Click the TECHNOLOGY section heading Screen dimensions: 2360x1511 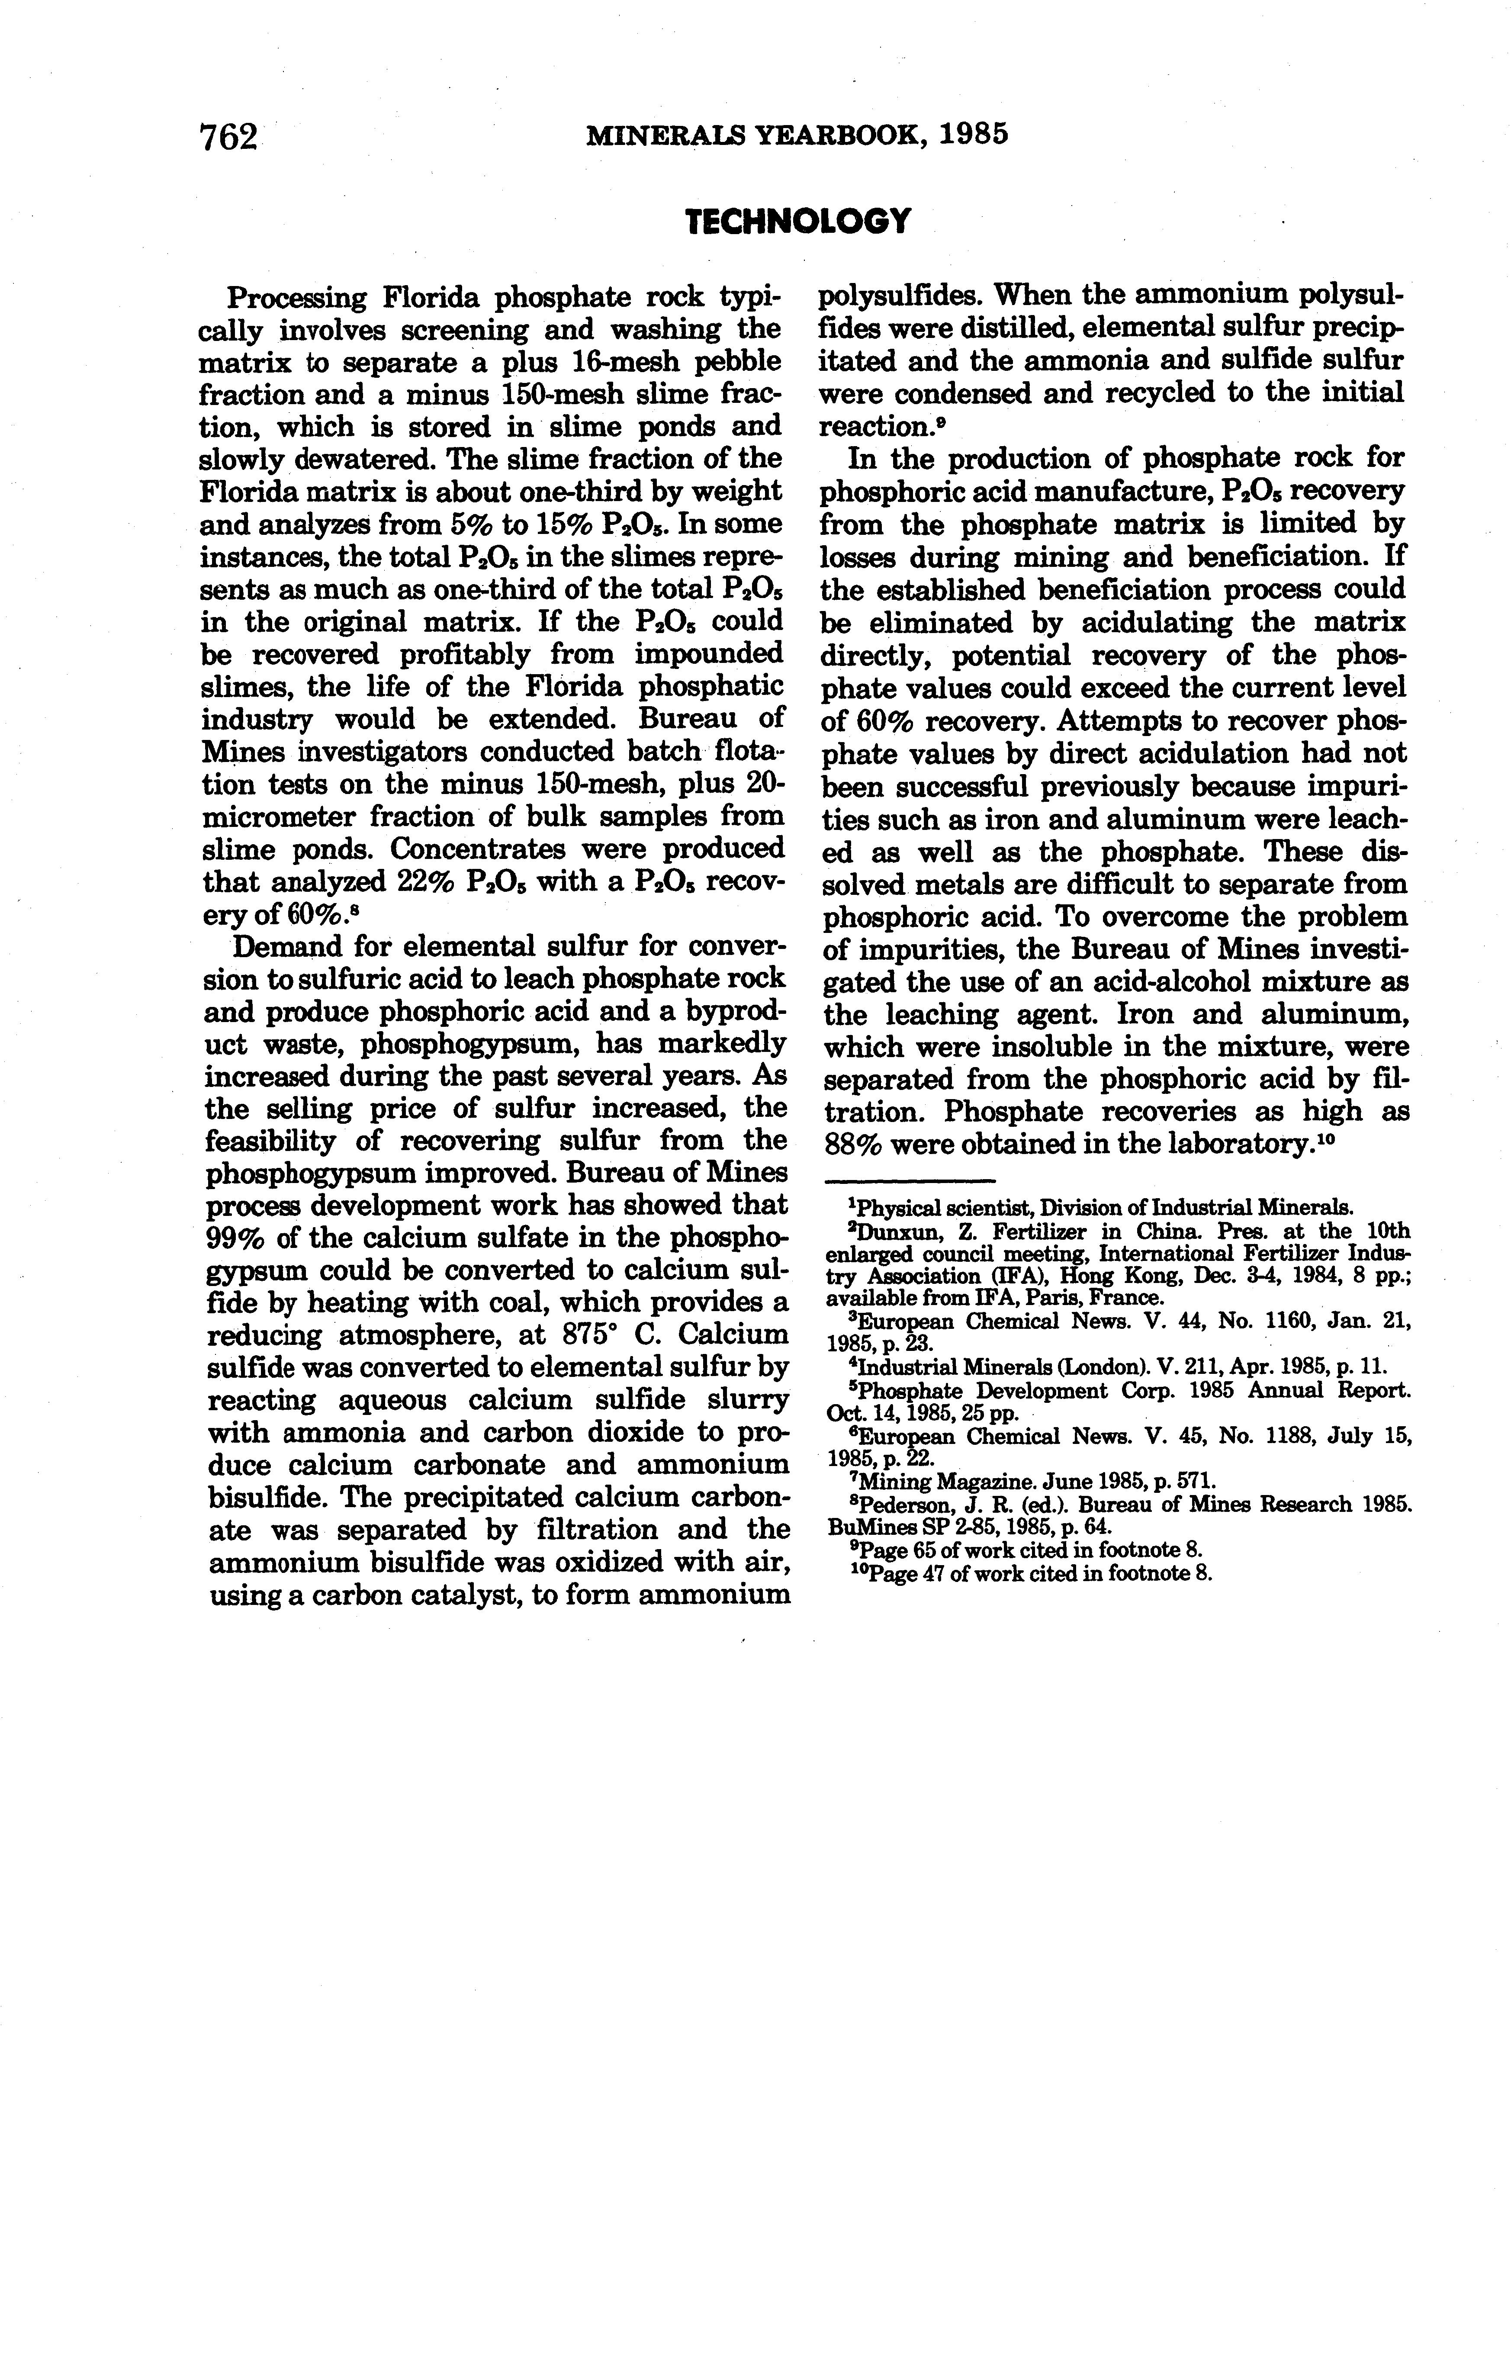click(798, 222)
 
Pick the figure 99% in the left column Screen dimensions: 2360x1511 click(235, 1238)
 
